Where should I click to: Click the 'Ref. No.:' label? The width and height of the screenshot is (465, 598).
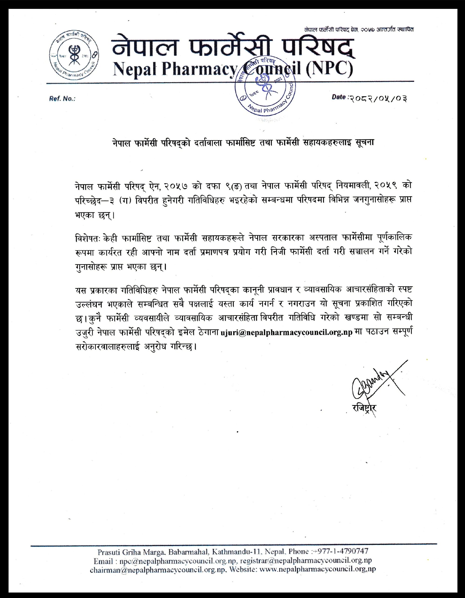[62, 99]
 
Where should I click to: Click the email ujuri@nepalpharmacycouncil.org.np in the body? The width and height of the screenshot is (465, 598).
[286, 333]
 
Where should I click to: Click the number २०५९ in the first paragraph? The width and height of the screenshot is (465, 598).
[384, 186]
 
